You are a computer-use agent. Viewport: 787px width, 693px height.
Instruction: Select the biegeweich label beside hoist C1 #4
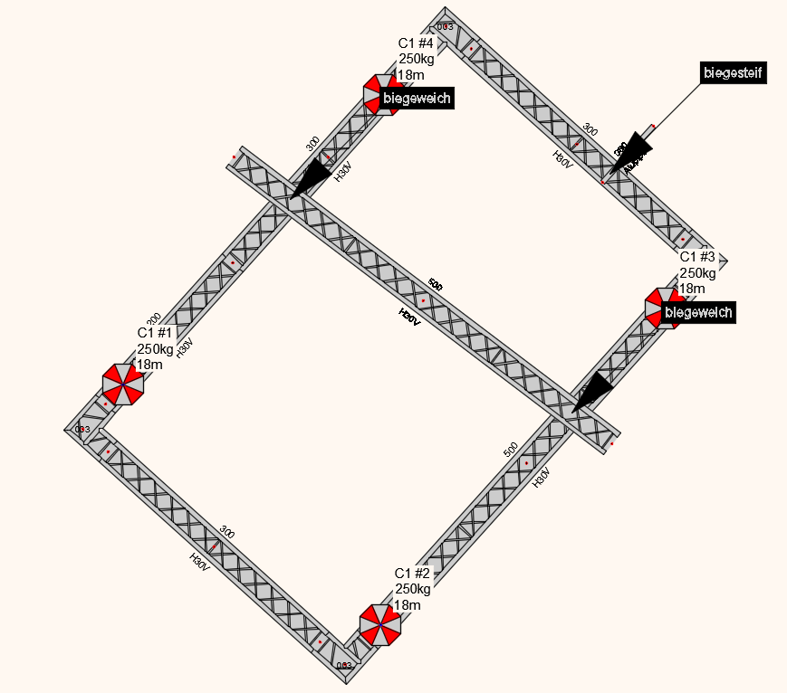pyautogui.click(x=417, y=98)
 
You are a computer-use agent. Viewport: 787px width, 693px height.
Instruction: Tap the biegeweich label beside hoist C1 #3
pyautogui.click(x=697, y=312)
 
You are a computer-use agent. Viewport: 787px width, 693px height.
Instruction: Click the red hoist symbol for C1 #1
pyautogui.click(x=123, y=384)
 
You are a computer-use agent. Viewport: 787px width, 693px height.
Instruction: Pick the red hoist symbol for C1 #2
pyautogui.click(x=379, y=624)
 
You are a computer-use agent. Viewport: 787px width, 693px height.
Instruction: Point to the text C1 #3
pyautogui.click(x=697, y=256)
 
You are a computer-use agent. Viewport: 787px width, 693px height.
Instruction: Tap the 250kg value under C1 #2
pyautogui.click(x=413, y=589)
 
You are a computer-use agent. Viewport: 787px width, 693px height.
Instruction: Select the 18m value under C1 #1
pyautogui.click(x=149, y=365)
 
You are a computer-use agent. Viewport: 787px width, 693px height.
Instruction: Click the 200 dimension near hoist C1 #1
pyautogui.click(x=154, y=318)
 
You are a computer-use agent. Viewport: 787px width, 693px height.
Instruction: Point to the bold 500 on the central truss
pyautogui.click(x=436, y=285)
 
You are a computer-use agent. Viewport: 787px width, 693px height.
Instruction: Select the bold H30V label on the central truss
pyautogui.click(x=409, y=315)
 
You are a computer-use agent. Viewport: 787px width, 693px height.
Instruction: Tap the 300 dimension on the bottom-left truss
pyautogui.click(x=227, y=533)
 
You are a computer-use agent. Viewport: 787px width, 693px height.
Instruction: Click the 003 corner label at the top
pyautogui.click(x=445, y=26)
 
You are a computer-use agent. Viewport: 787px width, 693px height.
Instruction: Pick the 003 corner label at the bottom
pyautogui.click(x=344, y=665)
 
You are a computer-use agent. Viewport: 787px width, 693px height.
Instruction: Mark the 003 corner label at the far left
pyautogui.click(x=82, y=429)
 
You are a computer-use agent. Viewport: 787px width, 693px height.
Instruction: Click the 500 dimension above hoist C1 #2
pyautogui.click(x=511, y=450)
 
